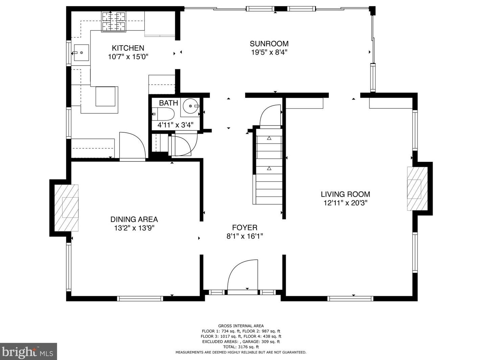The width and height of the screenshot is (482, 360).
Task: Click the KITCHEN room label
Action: [128, 48]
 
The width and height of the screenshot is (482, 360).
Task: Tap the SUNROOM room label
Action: [269, 44]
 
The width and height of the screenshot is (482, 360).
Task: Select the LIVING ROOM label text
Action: [345, 194]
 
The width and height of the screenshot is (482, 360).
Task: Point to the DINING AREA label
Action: [134, 220]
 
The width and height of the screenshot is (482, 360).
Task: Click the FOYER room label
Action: [244, 228]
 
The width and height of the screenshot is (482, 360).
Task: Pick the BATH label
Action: [168, 103]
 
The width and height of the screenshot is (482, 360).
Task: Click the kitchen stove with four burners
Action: [113, 21]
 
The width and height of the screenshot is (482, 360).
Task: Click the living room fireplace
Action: [417, 189]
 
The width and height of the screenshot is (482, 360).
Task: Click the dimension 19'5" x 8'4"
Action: [269, 52]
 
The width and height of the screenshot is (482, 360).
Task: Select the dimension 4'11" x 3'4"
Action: [175, 125]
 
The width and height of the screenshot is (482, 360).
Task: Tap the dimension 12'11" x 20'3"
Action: [345, 203]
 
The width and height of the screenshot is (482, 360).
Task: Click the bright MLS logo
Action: [28, 352]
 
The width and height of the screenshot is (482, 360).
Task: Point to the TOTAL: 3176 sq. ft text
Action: [241, 347]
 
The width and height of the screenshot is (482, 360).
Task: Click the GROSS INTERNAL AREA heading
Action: [241, 326]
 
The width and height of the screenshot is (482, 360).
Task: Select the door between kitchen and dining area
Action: [132, 146]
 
